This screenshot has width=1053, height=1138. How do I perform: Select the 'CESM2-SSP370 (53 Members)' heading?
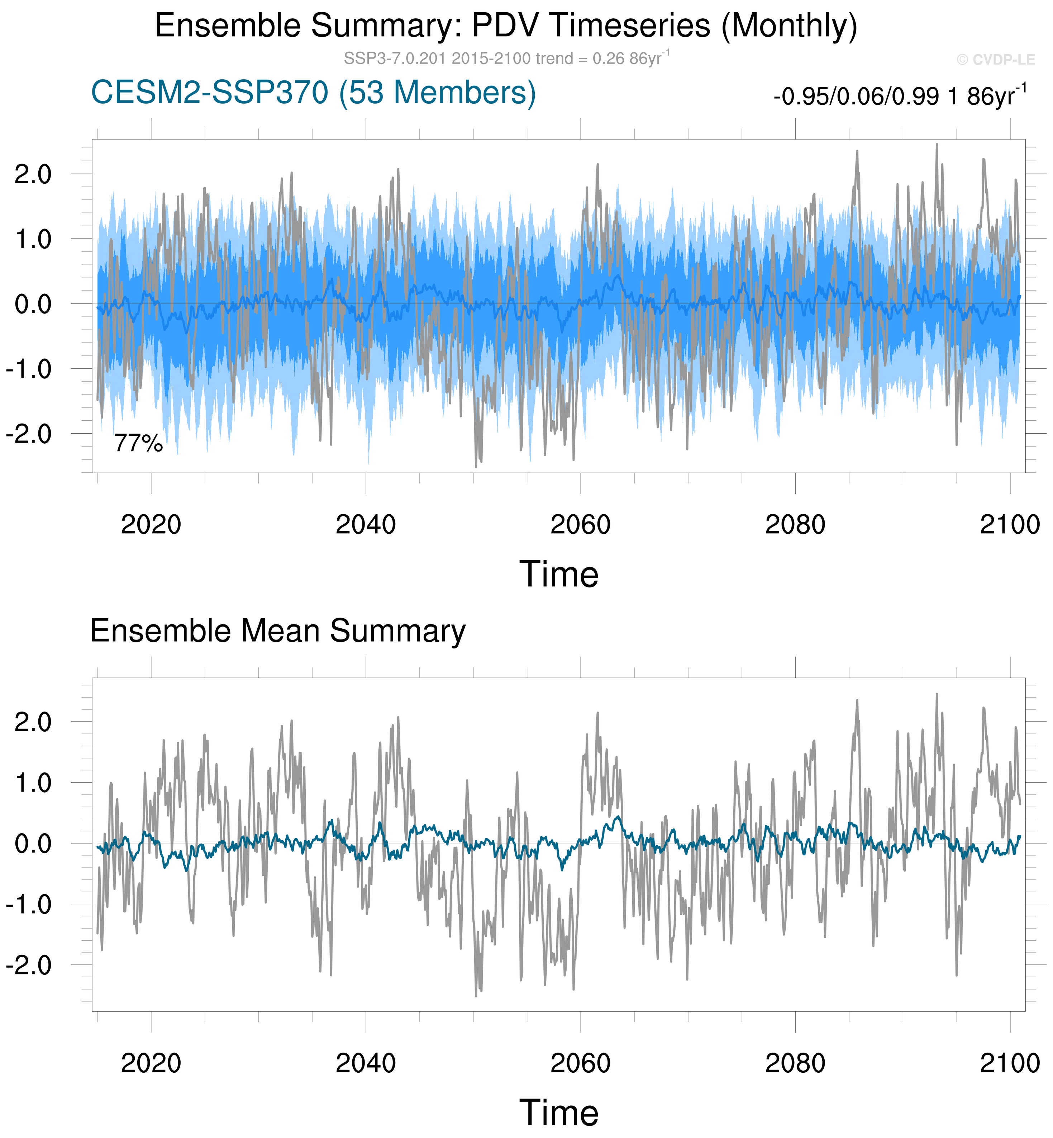(x=313, y=93)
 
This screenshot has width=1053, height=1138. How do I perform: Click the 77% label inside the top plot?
(x=138, y=443)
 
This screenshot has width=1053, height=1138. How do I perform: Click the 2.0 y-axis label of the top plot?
(x=33, y=174)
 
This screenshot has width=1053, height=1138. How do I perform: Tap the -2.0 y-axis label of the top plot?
(x=28, y=434)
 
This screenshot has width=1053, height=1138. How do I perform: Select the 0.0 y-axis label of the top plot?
(x=33, y=304)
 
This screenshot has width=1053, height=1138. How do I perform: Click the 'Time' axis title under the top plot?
(x=559, y=574)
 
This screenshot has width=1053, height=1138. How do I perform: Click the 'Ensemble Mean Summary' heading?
(x=278, y=631)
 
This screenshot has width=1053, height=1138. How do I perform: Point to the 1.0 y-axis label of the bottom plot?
(x=33, y=783)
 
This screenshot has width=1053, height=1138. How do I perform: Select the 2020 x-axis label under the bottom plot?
(x=151, y=1064)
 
